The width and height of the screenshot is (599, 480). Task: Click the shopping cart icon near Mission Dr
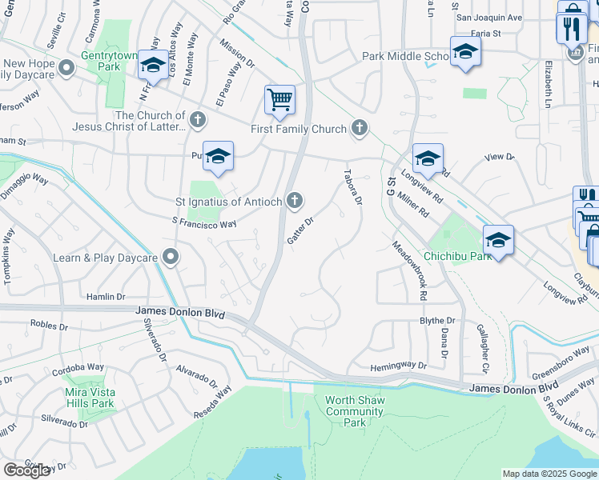(279, 101)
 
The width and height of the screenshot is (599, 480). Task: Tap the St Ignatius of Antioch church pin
(295, 201)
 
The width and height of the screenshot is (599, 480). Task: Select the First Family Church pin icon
(360, 128)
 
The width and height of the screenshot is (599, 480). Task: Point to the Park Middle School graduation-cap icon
(464, 52)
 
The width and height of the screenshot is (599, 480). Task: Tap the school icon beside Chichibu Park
(497, 239)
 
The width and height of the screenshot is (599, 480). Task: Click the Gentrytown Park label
(111, 62)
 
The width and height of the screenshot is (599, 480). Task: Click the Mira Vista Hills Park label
(90, 398)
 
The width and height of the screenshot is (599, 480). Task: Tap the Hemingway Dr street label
(399, 366)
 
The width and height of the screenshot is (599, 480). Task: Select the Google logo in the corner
(26, 470)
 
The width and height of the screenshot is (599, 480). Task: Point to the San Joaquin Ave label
(488, 17)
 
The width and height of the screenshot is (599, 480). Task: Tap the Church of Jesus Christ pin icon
(197, 121)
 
